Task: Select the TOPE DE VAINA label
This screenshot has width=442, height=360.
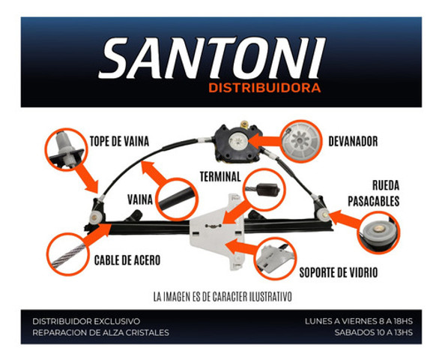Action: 120,141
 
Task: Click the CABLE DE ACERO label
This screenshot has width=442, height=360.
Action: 127,260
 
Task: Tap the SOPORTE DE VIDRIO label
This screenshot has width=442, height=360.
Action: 340,271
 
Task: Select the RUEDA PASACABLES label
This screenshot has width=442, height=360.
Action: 375,193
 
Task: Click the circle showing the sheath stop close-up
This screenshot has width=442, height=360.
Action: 64,148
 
